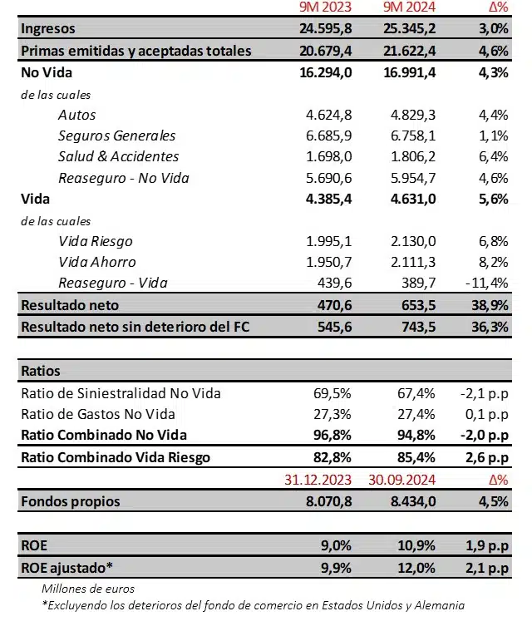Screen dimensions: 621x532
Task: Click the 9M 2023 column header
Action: click(x=325, y=8)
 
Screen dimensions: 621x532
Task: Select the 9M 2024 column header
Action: click(x=408, y=8)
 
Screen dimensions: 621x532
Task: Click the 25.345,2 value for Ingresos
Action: click(x=408, y=29)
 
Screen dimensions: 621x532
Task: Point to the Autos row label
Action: click(x=77, y=115)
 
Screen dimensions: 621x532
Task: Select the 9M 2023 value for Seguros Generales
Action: click(x=330, y=136)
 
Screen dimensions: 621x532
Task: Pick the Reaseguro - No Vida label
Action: click(x=123, y=177)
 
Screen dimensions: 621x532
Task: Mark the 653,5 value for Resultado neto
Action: click(x=416, y=305)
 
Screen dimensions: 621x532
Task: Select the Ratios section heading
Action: click(x=40, y=371)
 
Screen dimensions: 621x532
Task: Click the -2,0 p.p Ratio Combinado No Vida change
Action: click(x=485, y=435)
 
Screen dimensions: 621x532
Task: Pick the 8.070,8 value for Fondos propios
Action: click(x=330, y=501)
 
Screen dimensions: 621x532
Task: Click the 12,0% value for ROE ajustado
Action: click(x=415, y=568)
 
